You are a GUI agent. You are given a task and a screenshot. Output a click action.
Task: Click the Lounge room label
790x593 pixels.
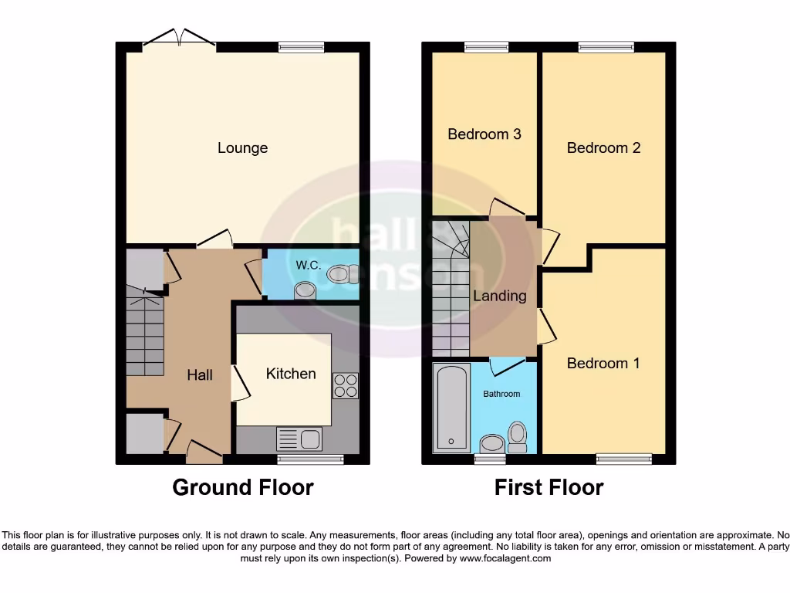tap(242, 147)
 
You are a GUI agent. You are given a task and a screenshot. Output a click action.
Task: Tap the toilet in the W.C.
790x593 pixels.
tap(339, 273)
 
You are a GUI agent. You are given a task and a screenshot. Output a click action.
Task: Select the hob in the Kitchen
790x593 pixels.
tap(345, 385)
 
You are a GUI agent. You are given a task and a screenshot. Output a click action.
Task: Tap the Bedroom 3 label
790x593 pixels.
tap(484, 134)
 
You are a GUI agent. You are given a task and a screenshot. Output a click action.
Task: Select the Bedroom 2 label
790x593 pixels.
tap(603, 147)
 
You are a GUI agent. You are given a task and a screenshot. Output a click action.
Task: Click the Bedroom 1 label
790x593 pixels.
tap(603, 363)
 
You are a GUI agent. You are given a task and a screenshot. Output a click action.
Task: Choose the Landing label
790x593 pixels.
tap(499, 296)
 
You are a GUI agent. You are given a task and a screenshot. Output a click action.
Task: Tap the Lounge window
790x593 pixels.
tap(302, 47)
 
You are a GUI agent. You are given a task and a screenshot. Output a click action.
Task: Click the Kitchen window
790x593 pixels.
tap(310, 459)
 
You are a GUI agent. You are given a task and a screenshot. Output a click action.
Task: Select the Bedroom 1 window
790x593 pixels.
tap(623, 459)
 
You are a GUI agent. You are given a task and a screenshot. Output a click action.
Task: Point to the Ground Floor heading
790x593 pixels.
tap(242, 487)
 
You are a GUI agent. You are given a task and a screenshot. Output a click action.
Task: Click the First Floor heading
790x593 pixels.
tap(549, 487)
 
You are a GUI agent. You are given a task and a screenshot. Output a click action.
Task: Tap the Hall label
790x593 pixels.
tap(200, 374)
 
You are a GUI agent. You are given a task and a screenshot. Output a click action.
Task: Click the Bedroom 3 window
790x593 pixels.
tap(486, 47)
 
